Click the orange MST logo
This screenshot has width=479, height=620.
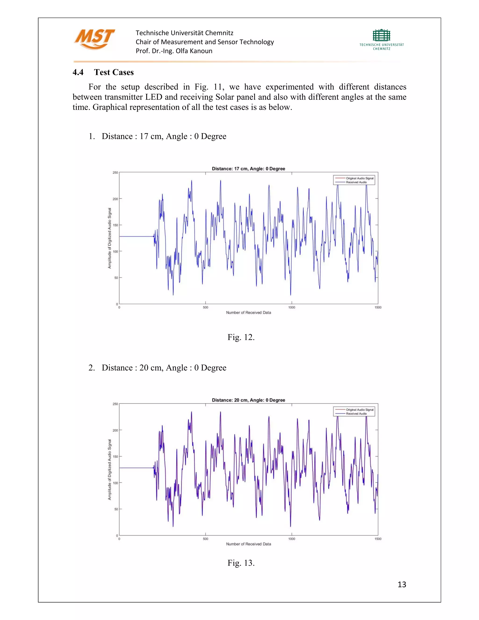pos(94,39)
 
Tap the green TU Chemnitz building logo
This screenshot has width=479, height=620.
pos(381,36)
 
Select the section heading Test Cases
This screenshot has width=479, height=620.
pos(114,72)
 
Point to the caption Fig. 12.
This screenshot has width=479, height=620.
pos(241,337)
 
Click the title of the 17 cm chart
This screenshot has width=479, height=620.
pos(248,169)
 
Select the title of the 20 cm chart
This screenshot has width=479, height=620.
pos(248,400)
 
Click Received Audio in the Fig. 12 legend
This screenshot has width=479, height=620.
pos(356,182)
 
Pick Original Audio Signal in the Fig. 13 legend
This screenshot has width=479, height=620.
pos(359,410)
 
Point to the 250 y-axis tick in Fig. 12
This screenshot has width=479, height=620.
pos(115,173)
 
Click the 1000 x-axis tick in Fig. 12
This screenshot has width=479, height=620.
pos(292,307)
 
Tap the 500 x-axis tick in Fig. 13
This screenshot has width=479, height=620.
pos(205,539)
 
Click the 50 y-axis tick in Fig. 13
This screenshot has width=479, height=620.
pos(116,509)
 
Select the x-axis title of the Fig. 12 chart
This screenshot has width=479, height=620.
pos(248,313)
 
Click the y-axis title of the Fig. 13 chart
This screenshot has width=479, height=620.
pos(109,470)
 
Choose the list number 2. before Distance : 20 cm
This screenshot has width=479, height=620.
pos(91,368)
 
